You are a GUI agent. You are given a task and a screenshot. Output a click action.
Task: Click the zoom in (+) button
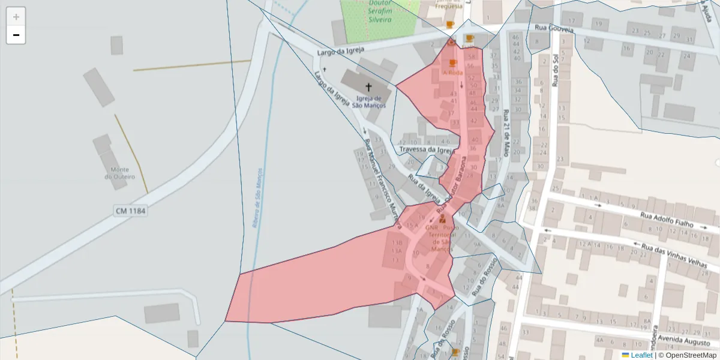tap(16, 17)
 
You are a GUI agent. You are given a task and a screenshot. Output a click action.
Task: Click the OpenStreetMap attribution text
tap(687, 355)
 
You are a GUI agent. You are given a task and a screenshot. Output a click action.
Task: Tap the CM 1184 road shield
tap(130, 211)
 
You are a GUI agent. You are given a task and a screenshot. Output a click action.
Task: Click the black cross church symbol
tap(368, 88)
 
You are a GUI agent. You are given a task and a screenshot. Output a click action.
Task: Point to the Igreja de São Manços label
tap(369, 102)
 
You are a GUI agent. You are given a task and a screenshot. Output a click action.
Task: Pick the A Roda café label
tap(452, 73)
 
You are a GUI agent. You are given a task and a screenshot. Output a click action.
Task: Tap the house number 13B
tap(397, 242)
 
